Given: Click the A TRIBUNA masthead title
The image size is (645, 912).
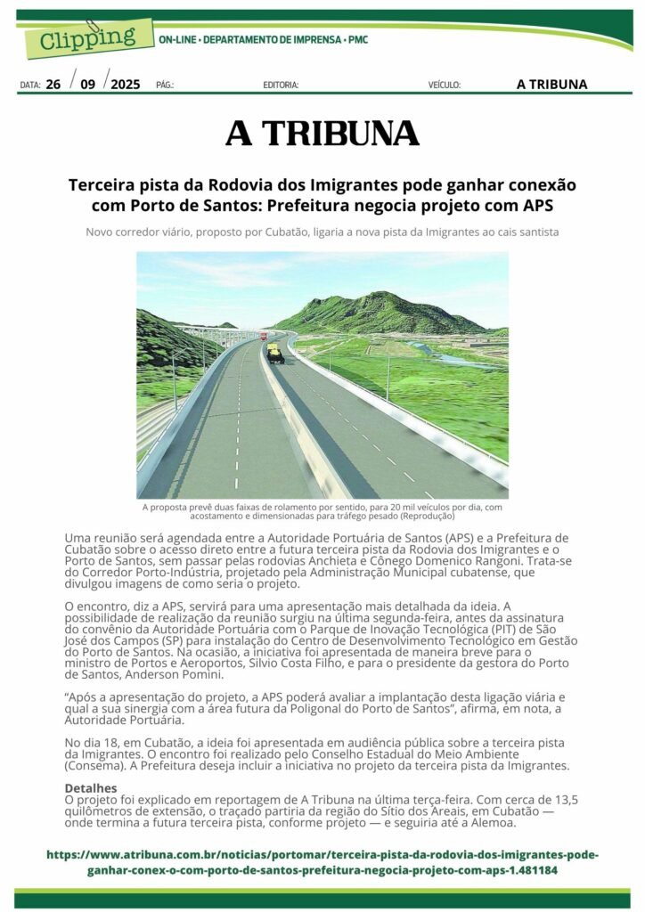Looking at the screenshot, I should click(322, 134).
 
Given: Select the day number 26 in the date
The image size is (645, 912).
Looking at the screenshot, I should click(53, 85).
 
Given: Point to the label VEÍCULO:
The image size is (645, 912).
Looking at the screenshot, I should click(444, 85).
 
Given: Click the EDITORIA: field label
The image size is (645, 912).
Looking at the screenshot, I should click(281, 85).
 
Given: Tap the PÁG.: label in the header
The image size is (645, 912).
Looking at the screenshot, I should click(165, 85).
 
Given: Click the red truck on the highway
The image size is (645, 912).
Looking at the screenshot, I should click(263, 336).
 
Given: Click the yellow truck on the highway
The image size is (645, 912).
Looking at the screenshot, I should click(275, 354).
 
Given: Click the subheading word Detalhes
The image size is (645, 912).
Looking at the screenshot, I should click(91, 788).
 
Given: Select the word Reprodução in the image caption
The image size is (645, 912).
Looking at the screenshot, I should click(428, 516).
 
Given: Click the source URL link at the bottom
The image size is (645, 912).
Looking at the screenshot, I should click(322, 862).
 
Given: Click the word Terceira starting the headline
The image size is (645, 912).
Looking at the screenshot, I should click(102, 186).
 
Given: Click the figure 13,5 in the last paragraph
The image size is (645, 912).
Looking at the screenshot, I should click(566, 800).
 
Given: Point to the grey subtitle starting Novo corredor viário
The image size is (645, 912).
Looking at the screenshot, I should click(322, 232).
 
